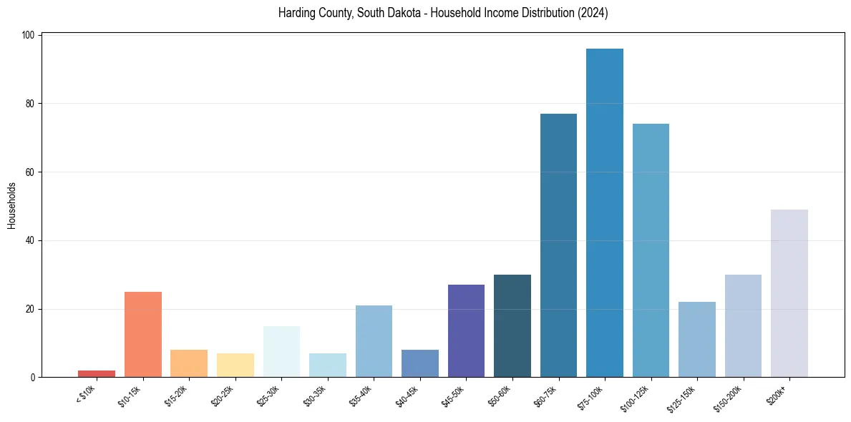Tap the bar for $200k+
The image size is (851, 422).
click(789, 293)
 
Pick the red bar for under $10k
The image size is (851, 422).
click(97, 373)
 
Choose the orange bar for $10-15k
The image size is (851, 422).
click(142, 334)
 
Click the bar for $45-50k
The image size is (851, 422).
click(466, 330)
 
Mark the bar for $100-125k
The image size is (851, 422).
click(651, 250)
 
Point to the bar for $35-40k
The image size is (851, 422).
click(374, 341)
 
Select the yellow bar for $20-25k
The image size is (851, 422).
click(235, 365)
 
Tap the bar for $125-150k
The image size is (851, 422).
click(696, 339)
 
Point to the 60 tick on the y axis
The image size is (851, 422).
click(32, 172)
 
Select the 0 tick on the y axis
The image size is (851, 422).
click(34, 377)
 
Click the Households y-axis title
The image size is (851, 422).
click(12, 205)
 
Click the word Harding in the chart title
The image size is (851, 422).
click(296, 14)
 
